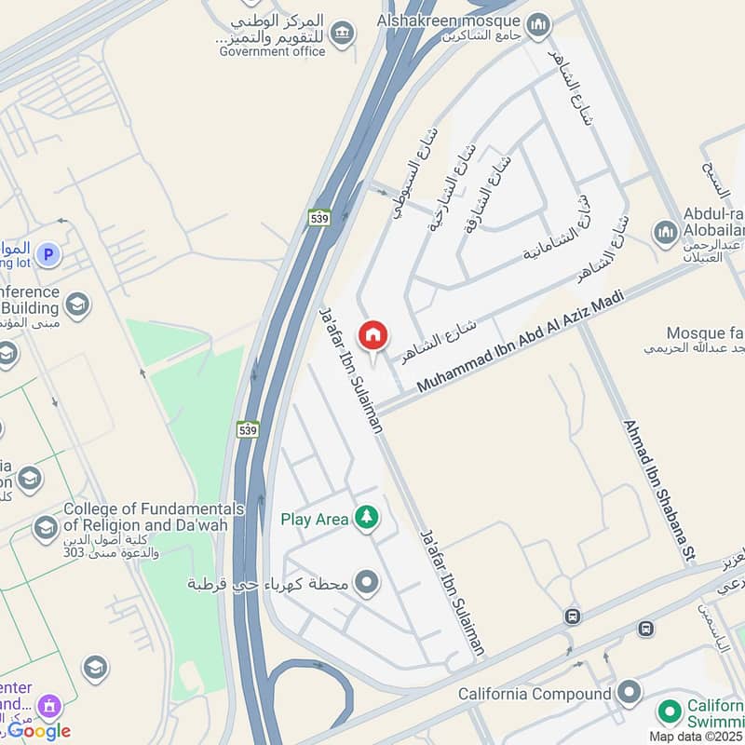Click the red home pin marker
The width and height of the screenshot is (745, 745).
pyautogui.click(x=373, y=336)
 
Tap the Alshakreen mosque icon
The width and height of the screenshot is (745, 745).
pyautogui.click(x=538, y=25)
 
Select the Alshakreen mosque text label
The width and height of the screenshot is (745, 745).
pyautogui.click(x=448, y=19)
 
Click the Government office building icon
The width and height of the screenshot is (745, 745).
pyautogui.click(x=343, y=34)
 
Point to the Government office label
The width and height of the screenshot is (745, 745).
pyautogui.click(x=272, y=52)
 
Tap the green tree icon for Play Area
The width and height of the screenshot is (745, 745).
pyautogui.click(x=368, y=519)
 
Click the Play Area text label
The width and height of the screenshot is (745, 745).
pyautogui.click(x=315, y=520)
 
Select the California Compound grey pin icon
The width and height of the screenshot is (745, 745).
pyautogui.click(x=630, y=692)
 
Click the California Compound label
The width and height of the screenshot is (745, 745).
pyautogui.click(x=535, y=694)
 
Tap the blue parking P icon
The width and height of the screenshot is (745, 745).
pyautogui.click(x=47, y=252)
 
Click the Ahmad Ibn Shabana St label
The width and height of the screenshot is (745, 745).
pyautogui.click(x=659, y=491)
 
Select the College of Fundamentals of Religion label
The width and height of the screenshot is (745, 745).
pyautogui.click(x=154, y=517)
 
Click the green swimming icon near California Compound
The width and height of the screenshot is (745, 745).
pyautogui.click(x=669, y=712)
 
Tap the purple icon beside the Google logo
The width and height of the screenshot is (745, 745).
pyautogui.click(x=52, y=707)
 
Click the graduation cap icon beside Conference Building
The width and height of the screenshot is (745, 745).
pyautogui.click(x=76, y=304)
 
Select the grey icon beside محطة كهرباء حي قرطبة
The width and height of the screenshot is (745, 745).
pyautogui.click(x=368, y=584)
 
